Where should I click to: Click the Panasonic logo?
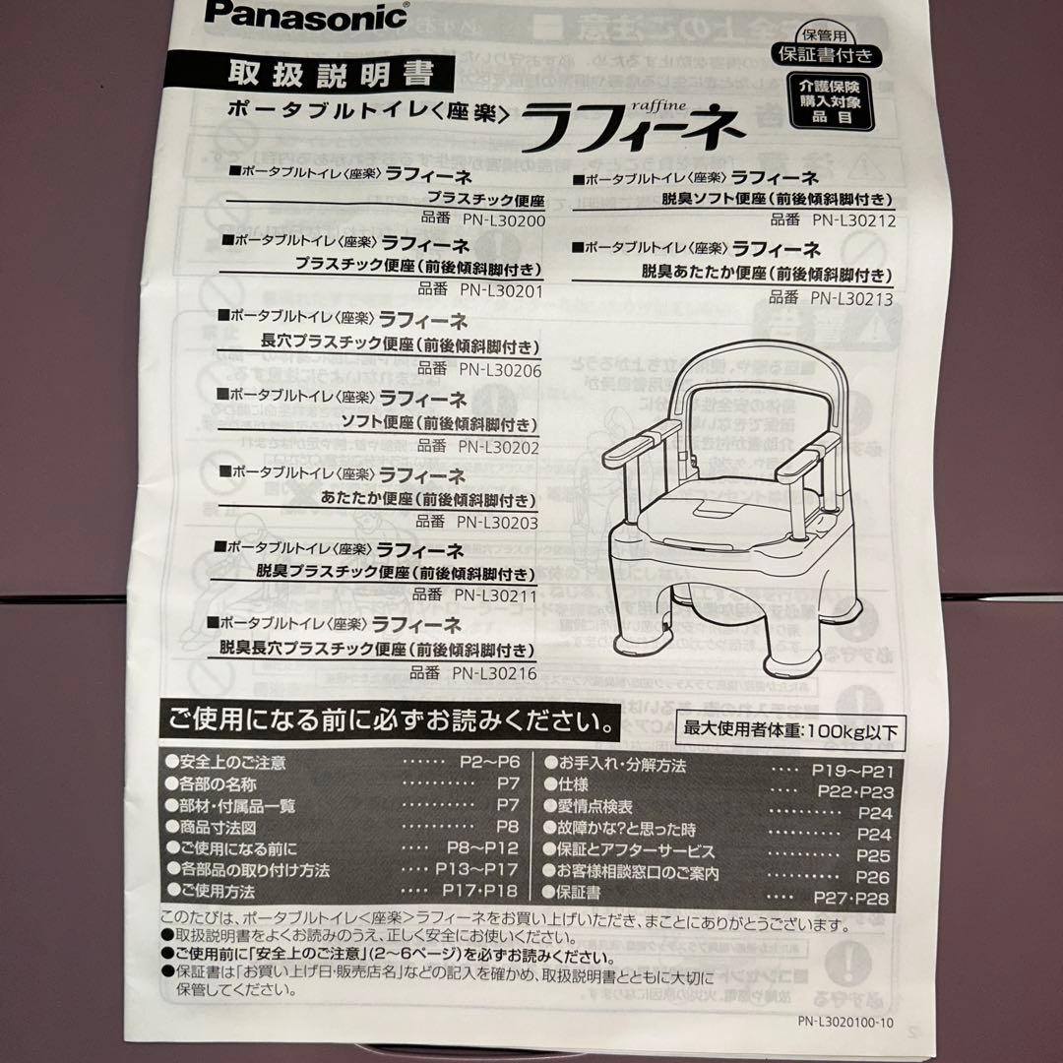click(x=306, y=16)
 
